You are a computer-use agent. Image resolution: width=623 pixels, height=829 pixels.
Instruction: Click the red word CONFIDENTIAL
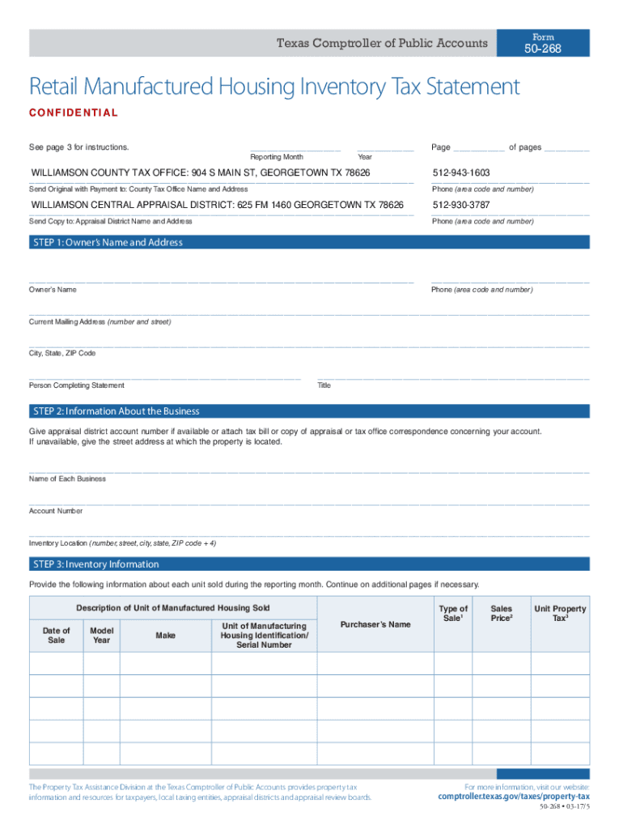pyautogui.click(x=74, y=113)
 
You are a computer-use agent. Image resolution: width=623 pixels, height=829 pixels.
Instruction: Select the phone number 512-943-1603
pyautogui.click(x=461, y=173)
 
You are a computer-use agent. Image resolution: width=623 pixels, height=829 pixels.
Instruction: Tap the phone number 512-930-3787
pyautogui.click(x=461, y=206)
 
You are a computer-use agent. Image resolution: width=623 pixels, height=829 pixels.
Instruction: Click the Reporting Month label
pyautogui.click(x=277, y=156)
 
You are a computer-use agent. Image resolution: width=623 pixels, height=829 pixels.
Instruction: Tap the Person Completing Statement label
pyautogui.click(x=77, y=385)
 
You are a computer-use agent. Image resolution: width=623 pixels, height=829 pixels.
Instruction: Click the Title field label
pyautogui.click(x=324, y=385)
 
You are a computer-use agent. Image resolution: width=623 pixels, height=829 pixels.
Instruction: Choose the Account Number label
pyautogui.click(x=56, y=511)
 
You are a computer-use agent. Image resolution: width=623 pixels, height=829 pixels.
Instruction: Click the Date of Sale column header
pyautogui.click(x=56, y=636)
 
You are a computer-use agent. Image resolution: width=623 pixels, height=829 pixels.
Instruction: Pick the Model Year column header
pyautogui.click(x=101, y=636)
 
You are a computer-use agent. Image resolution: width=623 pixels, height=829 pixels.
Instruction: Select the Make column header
pyautogui.click(x=165, y=636)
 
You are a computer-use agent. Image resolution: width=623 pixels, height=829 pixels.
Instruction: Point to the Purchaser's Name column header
pyautogui.click(x=375, y=624)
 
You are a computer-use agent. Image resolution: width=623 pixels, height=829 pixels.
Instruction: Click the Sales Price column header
pyautogui.click(x=501, y=614)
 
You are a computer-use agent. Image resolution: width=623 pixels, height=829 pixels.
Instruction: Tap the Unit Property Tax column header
pyautogui.click(x=559, y=614)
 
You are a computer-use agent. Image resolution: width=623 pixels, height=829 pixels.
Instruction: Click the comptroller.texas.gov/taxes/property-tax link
pyautogui.click(x=513, y=797)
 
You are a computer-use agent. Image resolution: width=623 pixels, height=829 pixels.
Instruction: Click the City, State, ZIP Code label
pyautogui.click(x=62, y=354)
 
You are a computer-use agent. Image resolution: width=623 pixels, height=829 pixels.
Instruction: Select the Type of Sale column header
pyautogui.click(x=452, y=614)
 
